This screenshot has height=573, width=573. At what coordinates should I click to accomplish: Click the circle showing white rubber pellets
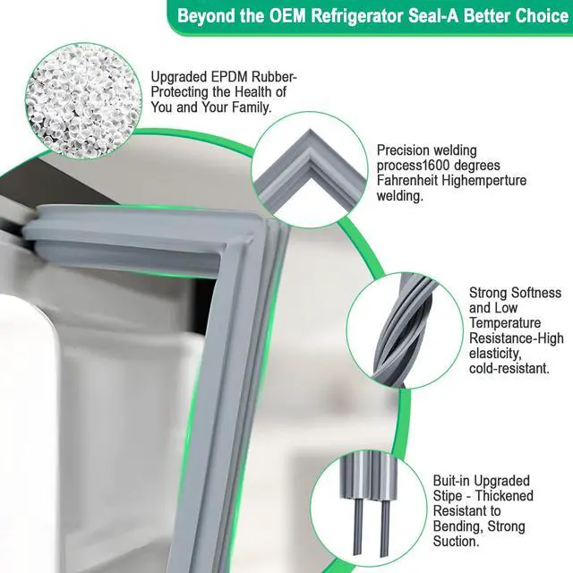[x=83, y=100]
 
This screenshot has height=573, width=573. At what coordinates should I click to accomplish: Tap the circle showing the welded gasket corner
[x=310, y=169]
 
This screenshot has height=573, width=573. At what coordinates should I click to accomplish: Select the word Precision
[x=402, y=150]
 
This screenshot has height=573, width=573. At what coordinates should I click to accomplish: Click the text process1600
[x=415, y=166]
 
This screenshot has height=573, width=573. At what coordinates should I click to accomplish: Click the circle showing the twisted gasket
[x=405, y=330]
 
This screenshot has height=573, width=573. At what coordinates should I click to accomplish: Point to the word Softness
[x=536, y=293]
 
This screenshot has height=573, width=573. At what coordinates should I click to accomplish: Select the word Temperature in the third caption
[x=505, y=323]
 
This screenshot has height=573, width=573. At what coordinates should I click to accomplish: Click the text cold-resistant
[x=509, y=368]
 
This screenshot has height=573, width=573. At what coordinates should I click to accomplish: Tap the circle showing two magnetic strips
[x=369, y=509]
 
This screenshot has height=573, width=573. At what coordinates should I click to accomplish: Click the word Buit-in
[x=451, y=481]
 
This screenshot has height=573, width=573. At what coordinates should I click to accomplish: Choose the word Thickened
[x=504, y=496]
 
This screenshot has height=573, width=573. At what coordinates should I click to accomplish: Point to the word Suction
[x=456, y=541]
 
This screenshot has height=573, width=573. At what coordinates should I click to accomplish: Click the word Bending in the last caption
[x=458, y=526]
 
